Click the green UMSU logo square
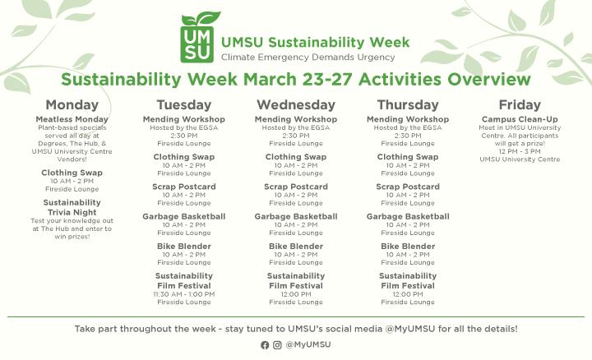[197, 44]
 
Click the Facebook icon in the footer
[265, 345]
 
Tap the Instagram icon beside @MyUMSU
[277, 345]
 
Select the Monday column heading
[72, 105]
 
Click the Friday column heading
[520, 105]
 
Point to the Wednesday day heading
[296, 105]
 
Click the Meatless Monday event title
[72, 119]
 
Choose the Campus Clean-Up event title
[520, 119]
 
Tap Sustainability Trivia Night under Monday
[72, 207]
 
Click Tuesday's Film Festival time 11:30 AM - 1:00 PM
[184, 294]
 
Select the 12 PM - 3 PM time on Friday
[520, 151]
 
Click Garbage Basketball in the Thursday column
[408, 217]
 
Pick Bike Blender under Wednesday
[296, 247]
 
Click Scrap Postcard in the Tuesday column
[184, 187]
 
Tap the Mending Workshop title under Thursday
[408, 119]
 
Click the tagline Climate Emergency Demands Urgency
[308, 58]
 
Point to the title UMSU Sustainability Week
[315, 42]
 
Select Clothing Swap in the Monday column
[72, 173]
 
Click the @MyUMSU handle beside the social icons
[308, 345]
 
